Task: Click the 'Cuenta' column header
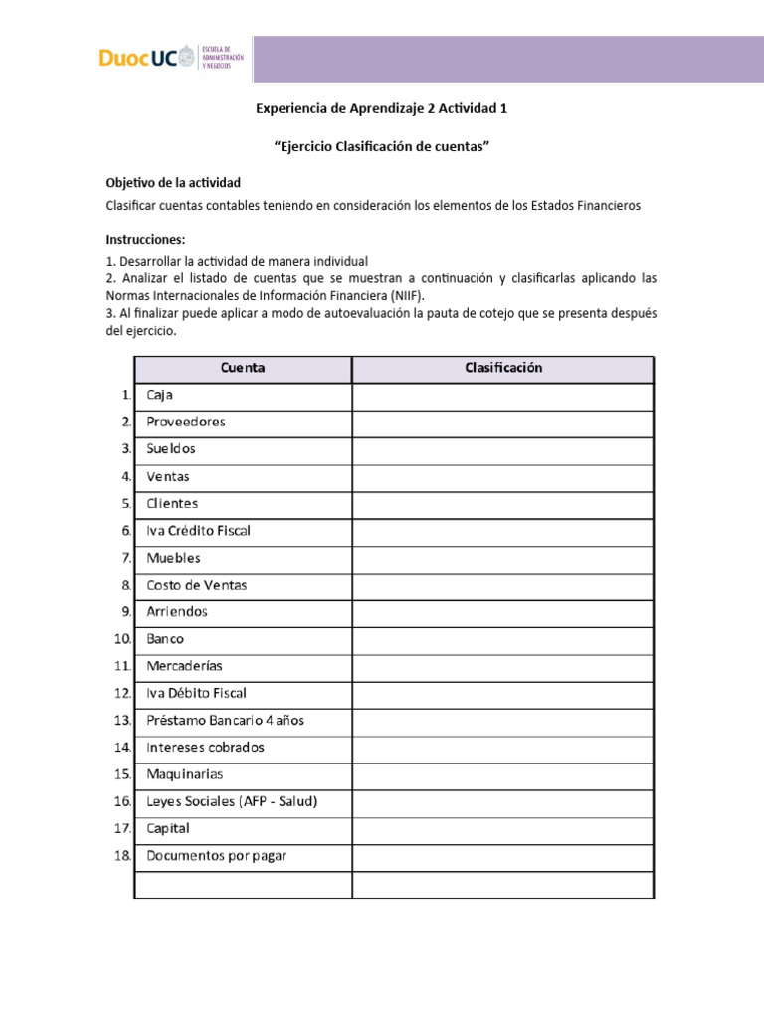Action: coord(243,368)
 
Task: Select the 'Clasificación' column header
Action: coord(503,368)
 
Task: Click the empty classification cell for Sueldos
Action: coord(503,449)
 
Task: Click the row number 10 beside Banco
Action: coord(122,639)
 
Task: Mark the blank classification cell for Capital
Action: coord(503,829)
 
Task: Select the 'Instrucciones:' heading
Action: coord(145,240)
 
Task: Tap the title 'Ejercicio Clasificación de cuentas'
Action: coord(382,147)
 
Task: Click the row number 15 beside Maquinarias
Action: coord(122,774)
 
